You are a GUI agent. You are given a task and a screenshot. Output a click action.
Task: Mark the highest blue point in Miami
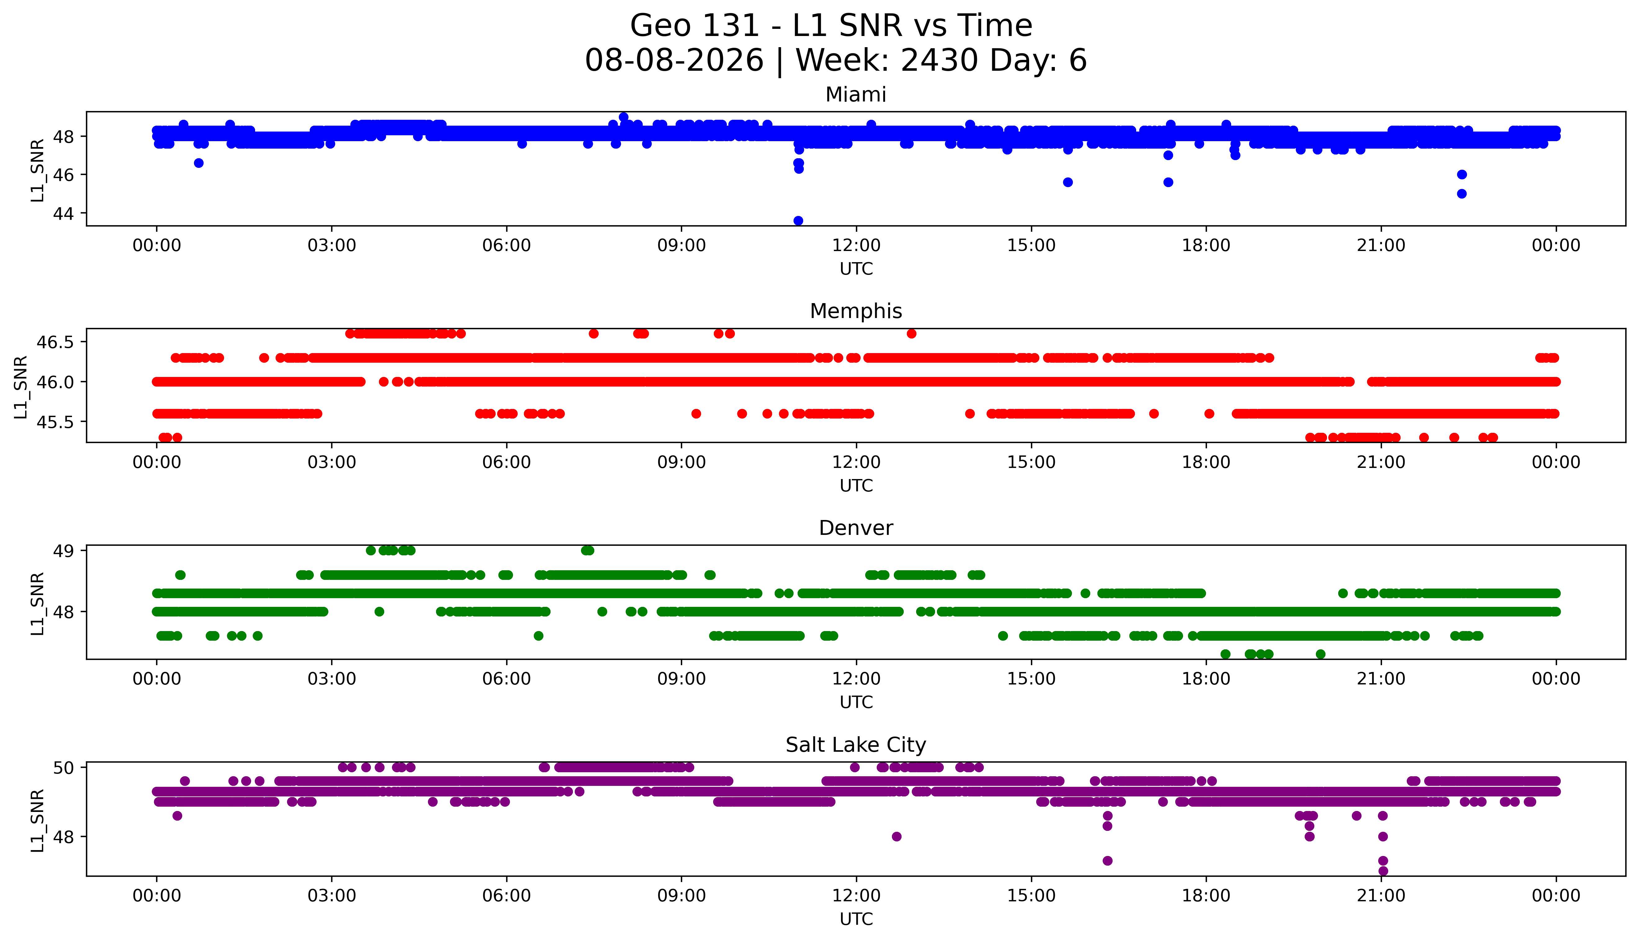[623, 117]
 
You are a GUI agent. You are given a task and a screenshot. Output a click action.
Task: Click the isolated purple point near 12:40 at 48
[897, 836]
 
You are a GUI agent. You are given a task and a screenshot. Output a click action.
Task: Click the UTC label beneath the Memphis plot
[856, 485]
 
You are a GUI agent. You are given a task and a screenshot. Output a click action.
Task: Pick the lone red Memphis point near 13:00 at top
[911, 334]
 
